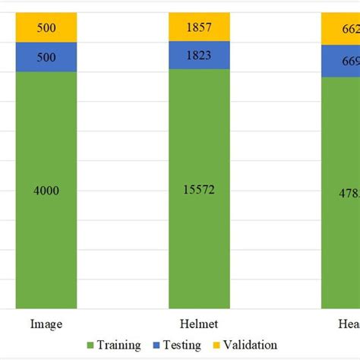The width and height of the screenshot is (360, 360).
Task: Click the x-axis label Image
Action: (46, 323)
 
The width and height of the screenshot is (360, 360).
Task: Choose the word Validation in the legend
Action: (250, 346)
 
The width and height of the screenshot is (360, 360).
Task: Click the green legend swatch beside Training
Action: (91, 346)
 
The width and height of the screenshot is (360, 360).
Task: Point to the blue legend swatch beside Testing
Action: (156, 346)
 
